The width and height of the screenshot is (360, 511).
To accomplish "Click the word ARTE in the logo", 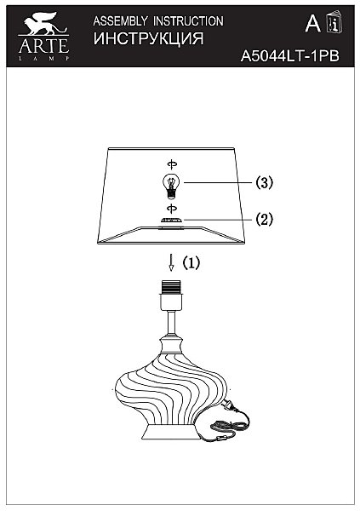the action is (44, 46).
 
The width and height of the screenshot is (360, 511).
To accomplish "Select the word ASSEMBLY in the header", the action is (120, 21).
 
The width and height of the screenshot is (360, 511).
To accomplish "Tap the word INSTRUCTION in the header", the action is (188, 21).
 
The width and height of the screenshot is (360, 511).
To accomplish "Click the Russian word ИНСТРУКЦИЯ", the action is (149, 38).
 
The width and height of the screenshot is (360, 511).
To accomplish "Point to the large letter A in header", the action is (312, 24).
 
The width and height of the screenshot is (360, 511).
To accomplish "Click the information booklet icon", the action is (334, 21).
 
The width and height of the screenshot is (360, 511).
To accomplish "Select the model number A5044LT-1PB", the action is (289, 56).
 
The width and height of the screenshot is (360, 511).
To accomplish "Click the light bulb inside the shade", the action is (171, 186).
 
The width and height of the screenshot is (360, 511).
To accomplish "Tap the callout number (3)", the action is (264, 182).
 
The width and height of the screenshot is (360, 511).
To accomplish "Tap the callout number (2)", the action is (264, 219).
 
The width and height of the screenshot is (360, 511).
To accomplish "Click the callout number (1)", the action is (191, 262).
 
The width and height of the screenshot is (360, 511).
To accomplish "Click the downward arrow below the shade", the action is (170, 262).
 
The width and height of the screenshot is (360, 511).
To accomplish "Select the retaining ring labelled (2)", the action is (171, 221).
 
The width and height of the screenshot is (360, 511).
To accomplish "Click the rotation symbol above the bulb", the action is (172, 164).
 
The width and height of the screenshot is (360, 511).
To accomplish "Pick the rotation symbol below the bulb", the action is (172, 209).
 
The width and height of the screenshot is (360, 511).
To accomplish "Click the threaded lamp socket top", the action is (171, 287).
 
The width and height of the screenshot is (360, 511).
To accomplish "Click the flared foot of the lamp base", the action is (170, 432).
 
